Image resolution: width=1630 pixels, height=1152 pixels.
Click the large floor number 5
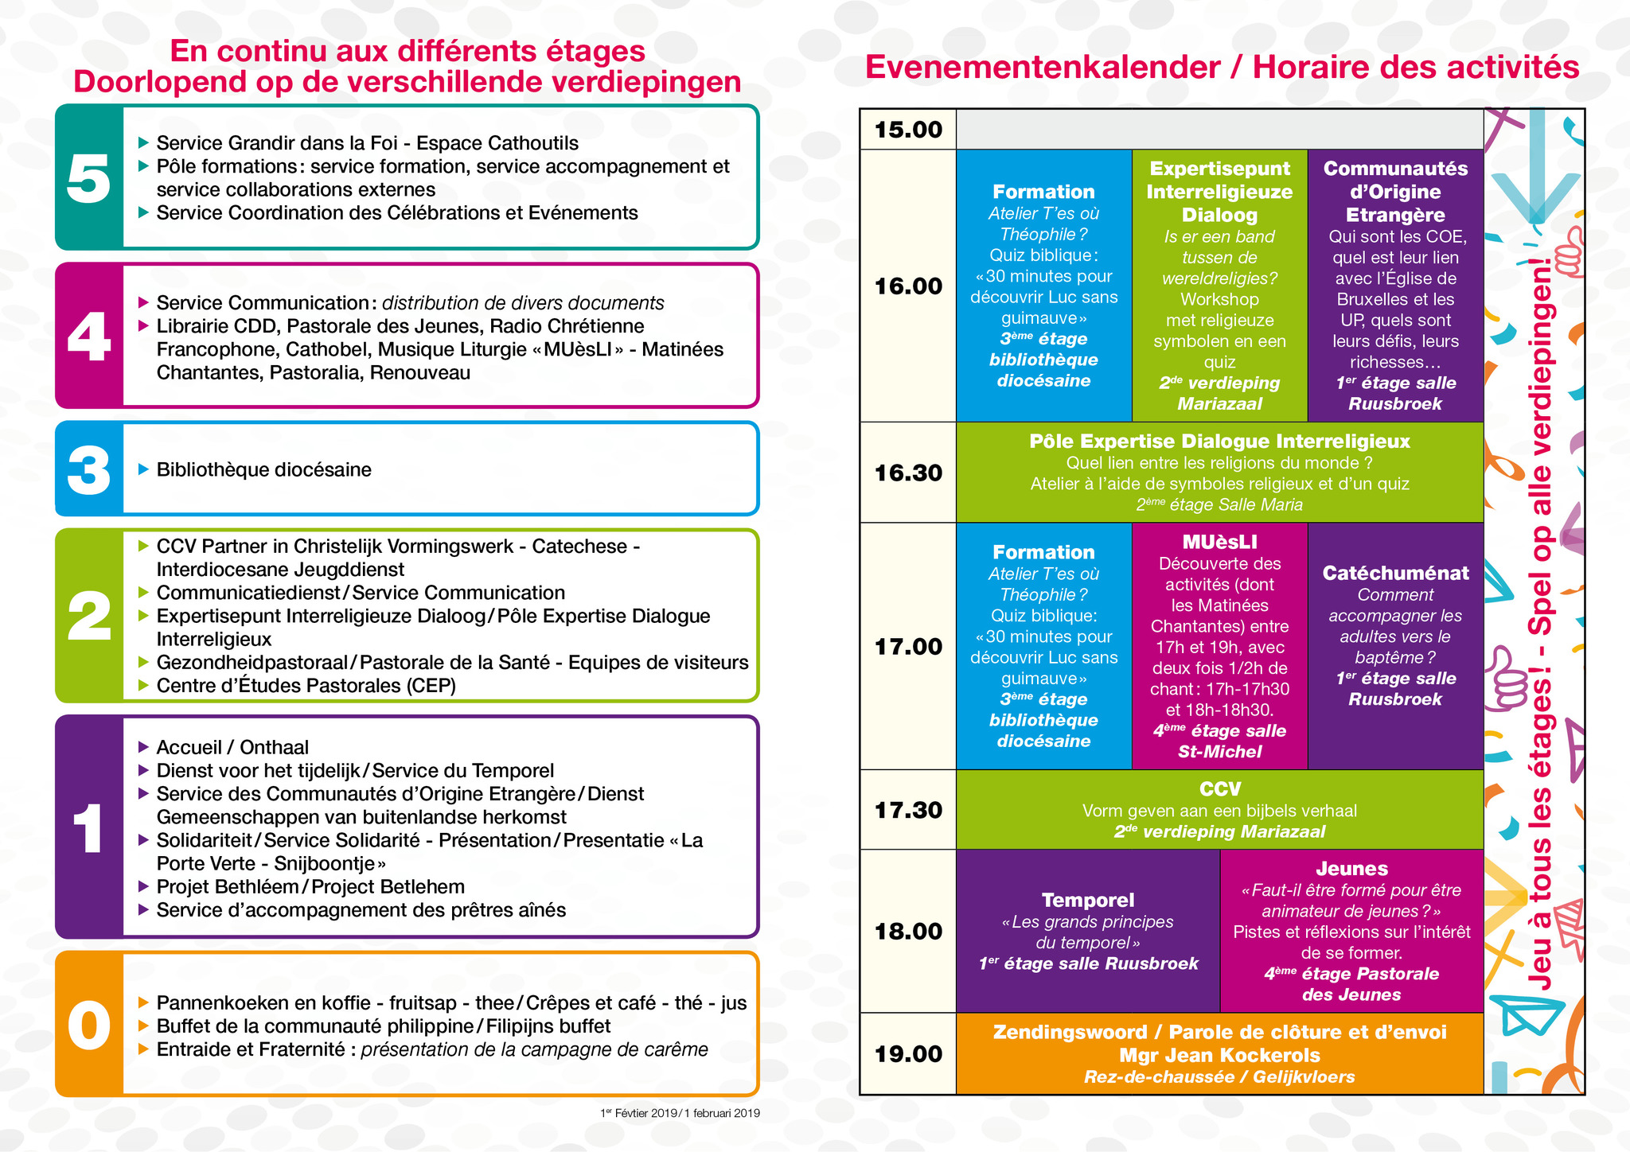pos(88,178)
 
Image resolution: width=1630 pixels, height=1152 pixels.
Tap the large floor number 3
pos(88,469)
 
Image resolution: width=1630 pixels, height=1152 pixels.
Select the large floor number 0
pos(88,1025)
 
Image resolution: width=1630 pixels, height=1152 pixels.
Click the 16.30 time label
pos(908,473)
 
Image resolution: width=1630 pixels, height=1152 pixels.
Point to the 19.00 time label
pos(908,1054)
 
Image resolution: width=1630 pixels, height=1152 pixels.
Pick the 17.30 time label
pos(908,810)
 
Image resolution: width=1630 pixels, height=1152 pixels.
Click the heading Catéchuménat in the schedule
pos(1395,573)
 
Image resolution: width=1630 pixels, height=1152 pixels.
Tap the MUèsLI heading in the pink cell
pos(1219,543)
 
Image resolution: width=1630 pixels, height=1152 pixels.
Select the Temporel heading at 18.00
pos(1088,900)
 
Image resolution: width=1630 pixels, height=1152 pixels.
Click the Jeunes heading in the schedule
pos(1351,869)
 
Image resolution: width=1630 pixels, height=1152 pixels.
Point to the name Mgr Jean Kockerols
pos(1219,1056)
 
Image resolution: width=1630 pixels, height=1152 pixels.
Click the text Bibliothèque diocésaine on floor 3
pos(263,469)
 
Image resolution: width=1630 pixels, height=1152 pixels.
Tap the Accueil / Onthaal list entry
pos(232,747)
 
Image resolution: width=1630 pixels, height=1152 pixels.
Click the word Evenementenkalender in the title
pos(1043,68)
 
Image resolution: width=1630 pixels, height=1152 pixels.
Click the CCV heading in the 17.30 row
pos(1219,789)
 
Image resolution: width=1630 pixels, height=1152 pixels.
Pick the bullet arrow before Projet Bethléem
pos(144,886)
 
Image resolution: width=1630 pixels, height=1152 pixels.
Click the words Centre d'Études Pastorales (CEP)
pos(306,686)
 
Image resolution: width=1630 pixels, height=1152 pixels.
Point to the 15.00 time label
pos(908,130)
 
